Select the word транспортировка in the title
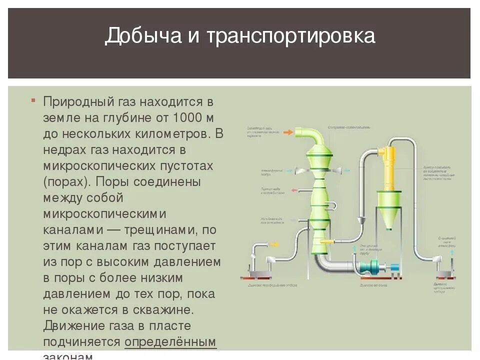290,36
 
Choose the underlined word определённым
170,342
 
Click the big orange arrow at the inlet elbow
288,132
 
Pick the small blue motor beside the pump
395,267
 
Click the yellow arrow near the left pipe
274,245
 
